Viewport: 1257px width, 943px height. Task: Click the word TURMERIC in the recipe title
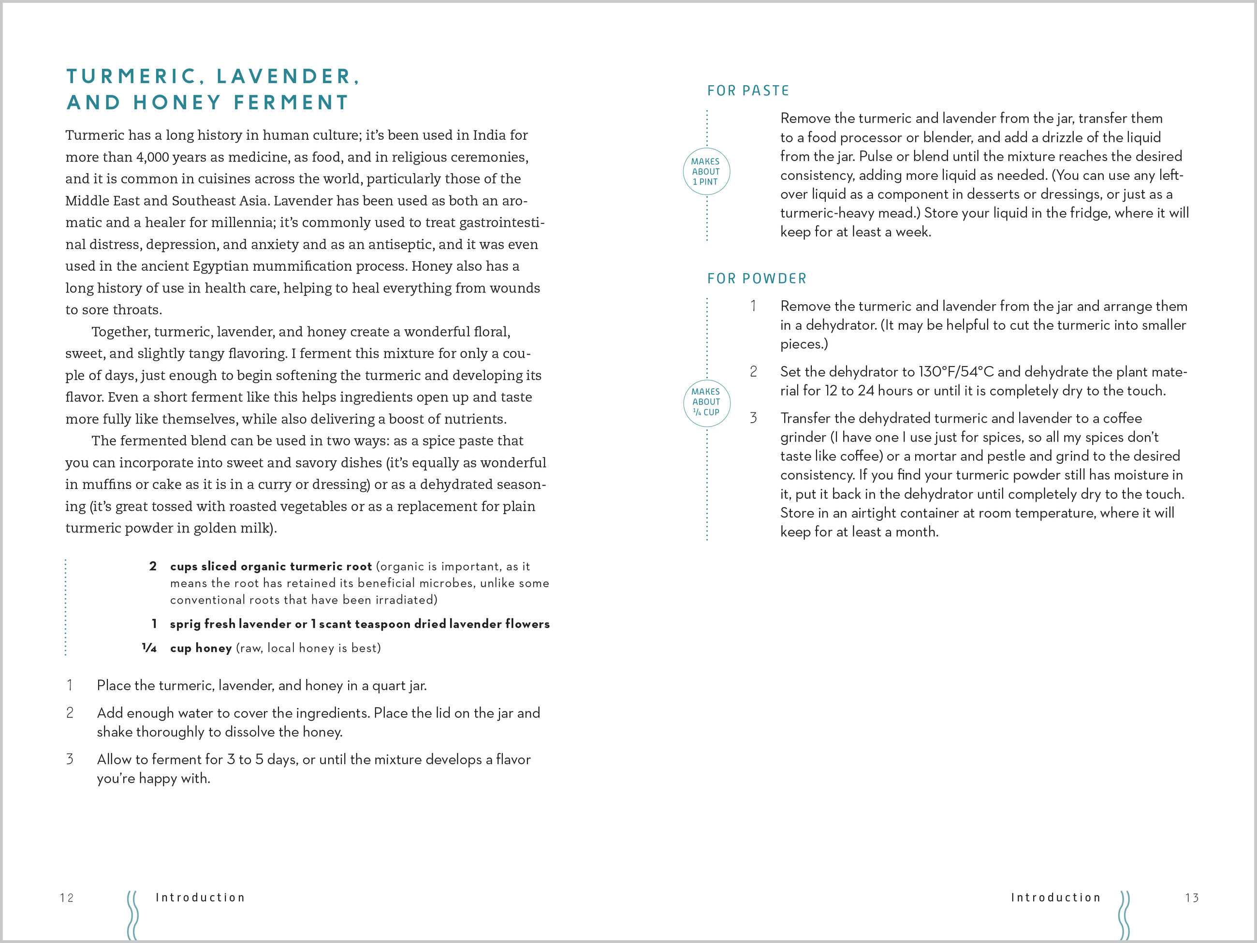[x=132, y=76]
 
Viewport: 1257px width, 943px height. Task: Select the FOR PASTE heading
[x=748, y=91]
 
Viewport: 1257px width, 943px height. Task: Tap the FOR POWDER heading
[x=756, y=279]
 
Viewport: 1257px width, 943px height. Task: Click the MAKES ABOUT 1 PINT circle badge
[x=706, y=172]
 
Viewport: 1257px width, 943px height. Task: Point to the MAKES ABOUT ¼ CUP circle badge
[x=706, y=402]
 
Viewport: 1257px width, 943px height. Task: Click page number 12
[x=67, y=898]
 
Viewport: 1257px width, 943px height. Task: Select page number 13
[x=1192, y=898]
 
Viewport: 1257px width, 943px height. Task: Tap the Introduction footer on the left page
[x=200, y=898]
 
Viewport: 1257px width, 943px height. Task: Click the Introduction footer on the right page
[x=1056, y=898]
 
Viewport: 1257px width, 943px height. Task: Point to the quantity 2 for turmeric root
[x=153, y=566]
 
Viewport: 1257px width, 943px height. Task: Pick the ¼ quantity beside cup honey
[x=149, y=648]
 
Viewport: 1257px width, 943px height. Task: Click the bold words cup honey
[x=201, y=648]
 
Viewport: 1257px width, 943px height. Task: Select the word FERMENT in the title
[x=291, y=103]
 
